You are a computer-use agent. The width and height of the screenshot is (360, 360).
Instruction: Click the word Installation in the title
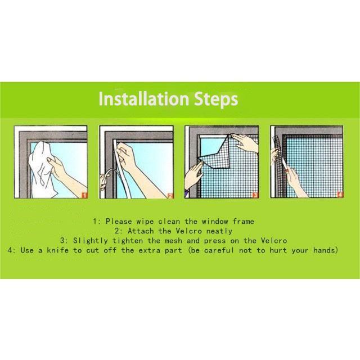pos(144,99)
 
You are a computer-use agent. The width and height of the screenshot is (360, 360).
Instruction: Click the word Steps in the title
pos(216,99)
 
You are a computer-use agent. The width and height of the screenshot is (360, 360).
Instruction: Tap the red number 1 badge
pos(84,195)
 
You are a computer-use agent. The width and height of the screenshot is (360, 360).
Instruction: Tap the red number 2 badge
pos(170,196)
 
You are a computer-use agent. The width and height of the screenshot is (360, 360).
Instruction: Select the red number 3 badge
pos(255,195)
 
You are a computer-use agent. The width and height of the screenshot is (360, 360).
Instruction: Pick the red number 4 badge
pos(340,195)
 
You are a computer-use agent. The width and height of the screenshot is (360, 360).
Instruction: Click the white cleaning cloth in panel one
pos(44,170)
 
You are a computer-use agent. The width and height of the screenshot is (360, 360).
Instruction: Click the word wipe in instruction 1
pos(145,222)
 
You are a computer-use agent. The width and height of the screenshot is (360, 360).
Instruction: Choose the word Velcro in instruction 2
pos(189,231)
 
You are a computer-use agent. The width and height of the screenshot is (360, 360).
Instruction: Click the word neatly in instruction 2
pos(219,231)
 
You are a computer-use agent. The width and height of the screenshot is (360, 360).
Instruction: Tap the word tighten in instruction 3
pos(128,241)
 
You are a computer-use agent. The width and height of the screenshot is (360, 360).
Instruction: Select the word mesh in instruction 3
pos(173,241)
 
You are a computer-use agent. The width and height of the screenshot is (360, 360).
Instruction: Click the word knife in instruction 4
pos(58,250)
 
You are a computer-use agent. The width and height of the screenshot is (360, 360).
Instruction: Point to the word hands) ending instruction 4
pos(326,250)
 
